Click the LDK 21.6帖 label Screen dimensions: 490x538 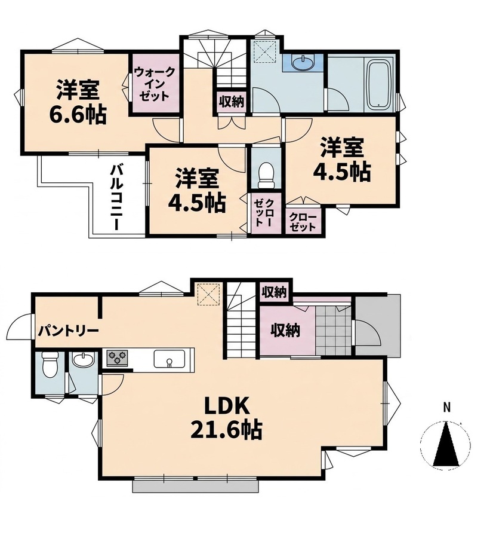(x=226, y=418)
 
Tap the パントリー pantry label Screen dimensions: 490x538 (x=69, y=331)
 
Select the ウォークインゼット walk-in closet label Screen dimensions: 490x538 (x=155, y=84)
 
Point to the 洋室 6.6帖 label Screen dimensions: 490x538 (x=78, y=102)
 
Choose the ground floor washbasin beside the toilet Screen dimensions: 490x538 (x=84, y=360)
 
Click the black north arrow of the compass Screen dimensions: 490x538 (x=446, y=444)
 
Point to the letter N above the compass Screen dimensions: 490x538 (x=446, y=408)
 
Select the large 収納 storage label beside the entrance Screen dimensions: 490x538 (x=286, y=331)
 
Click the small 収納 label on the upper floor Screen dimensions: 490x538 (x=232, y=102)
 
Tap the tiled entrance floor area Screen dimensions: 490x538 (x=334, y=331)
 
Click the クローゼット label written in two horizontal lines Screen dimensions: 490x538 (x=302, y=222)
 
